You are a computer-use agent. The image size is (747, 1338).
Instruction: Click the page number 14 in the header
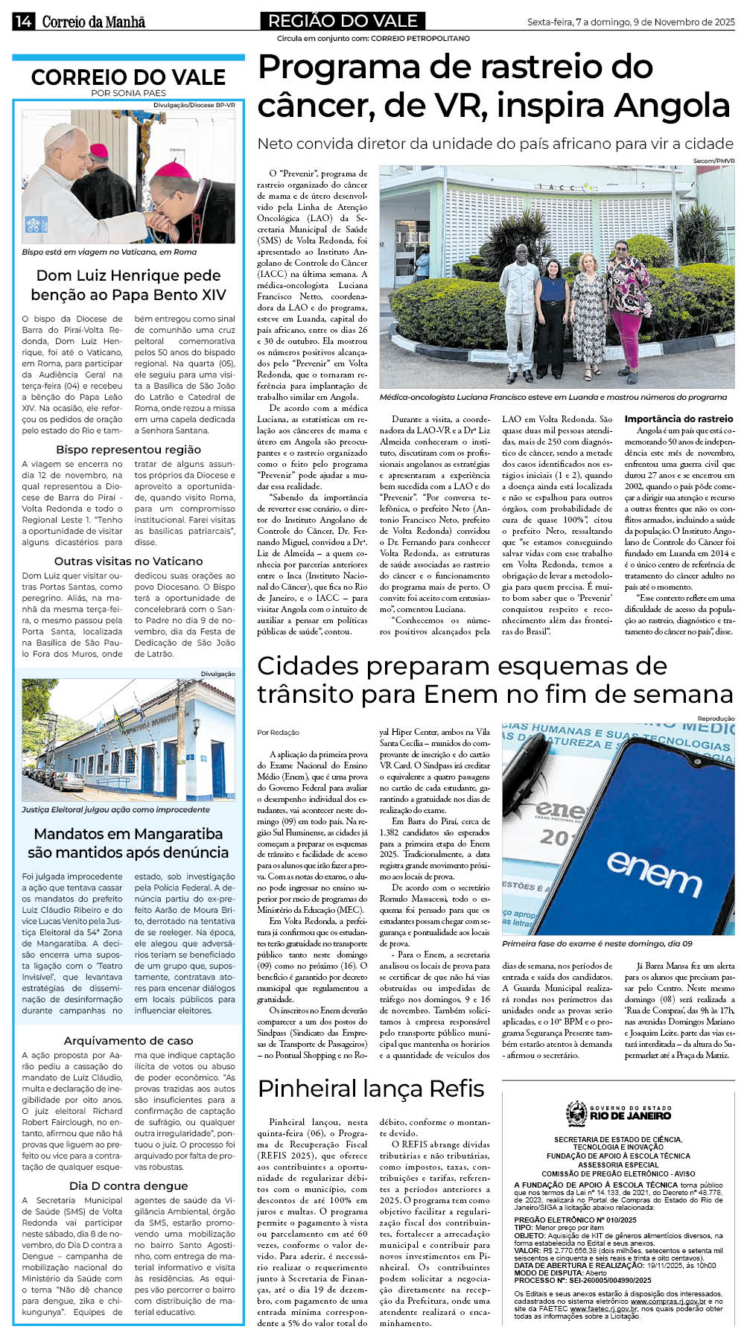pyautogui.click(x=22, y=22)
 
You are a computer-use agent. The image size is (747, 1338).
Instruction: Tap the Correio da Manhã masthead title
pyautogui.click(x=93, y=22)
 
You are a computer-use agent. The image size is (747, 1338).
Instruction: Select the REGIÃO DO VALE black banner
pyautogui.click(x=342, y=21)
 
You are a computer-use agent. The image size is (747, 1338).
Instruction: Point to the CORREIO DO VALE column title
pyautogui.click(x=128, y=77)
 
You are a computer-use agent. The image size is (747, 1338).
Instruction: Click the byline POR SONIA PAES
pyautogui.click(x=128, y=93)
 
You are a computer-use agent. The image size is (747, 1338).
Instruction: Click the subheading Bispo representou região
pyautogui.click(x=128, y=450)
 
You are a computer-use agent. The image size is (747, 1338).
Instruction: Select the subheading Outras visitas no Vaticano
pyautogui.click(x=128, y=561)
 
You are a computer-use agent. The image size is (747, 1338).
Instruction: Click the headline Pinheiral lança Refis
pyautogui.click(x=371, y=1089)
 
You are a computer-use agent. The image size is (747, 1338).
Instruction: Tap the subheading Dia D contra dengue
pyautogui.click(x=128, y=1186)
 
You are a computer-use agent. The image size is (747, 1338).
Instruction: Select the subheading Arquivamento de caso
pyautogui.click(x=128, y=1041)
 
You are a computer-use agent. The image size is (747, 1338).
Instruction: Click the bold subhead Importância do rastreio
pyautogui.click(x=678, y=419)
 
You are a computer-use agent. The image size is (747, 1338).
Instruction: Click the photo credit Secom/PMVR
pyautogui.click(x=713, y=161)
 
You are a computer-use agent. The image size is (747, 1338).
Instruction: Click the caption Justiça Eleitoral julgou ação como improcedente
pyautogui.click(x=115, y=809)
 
